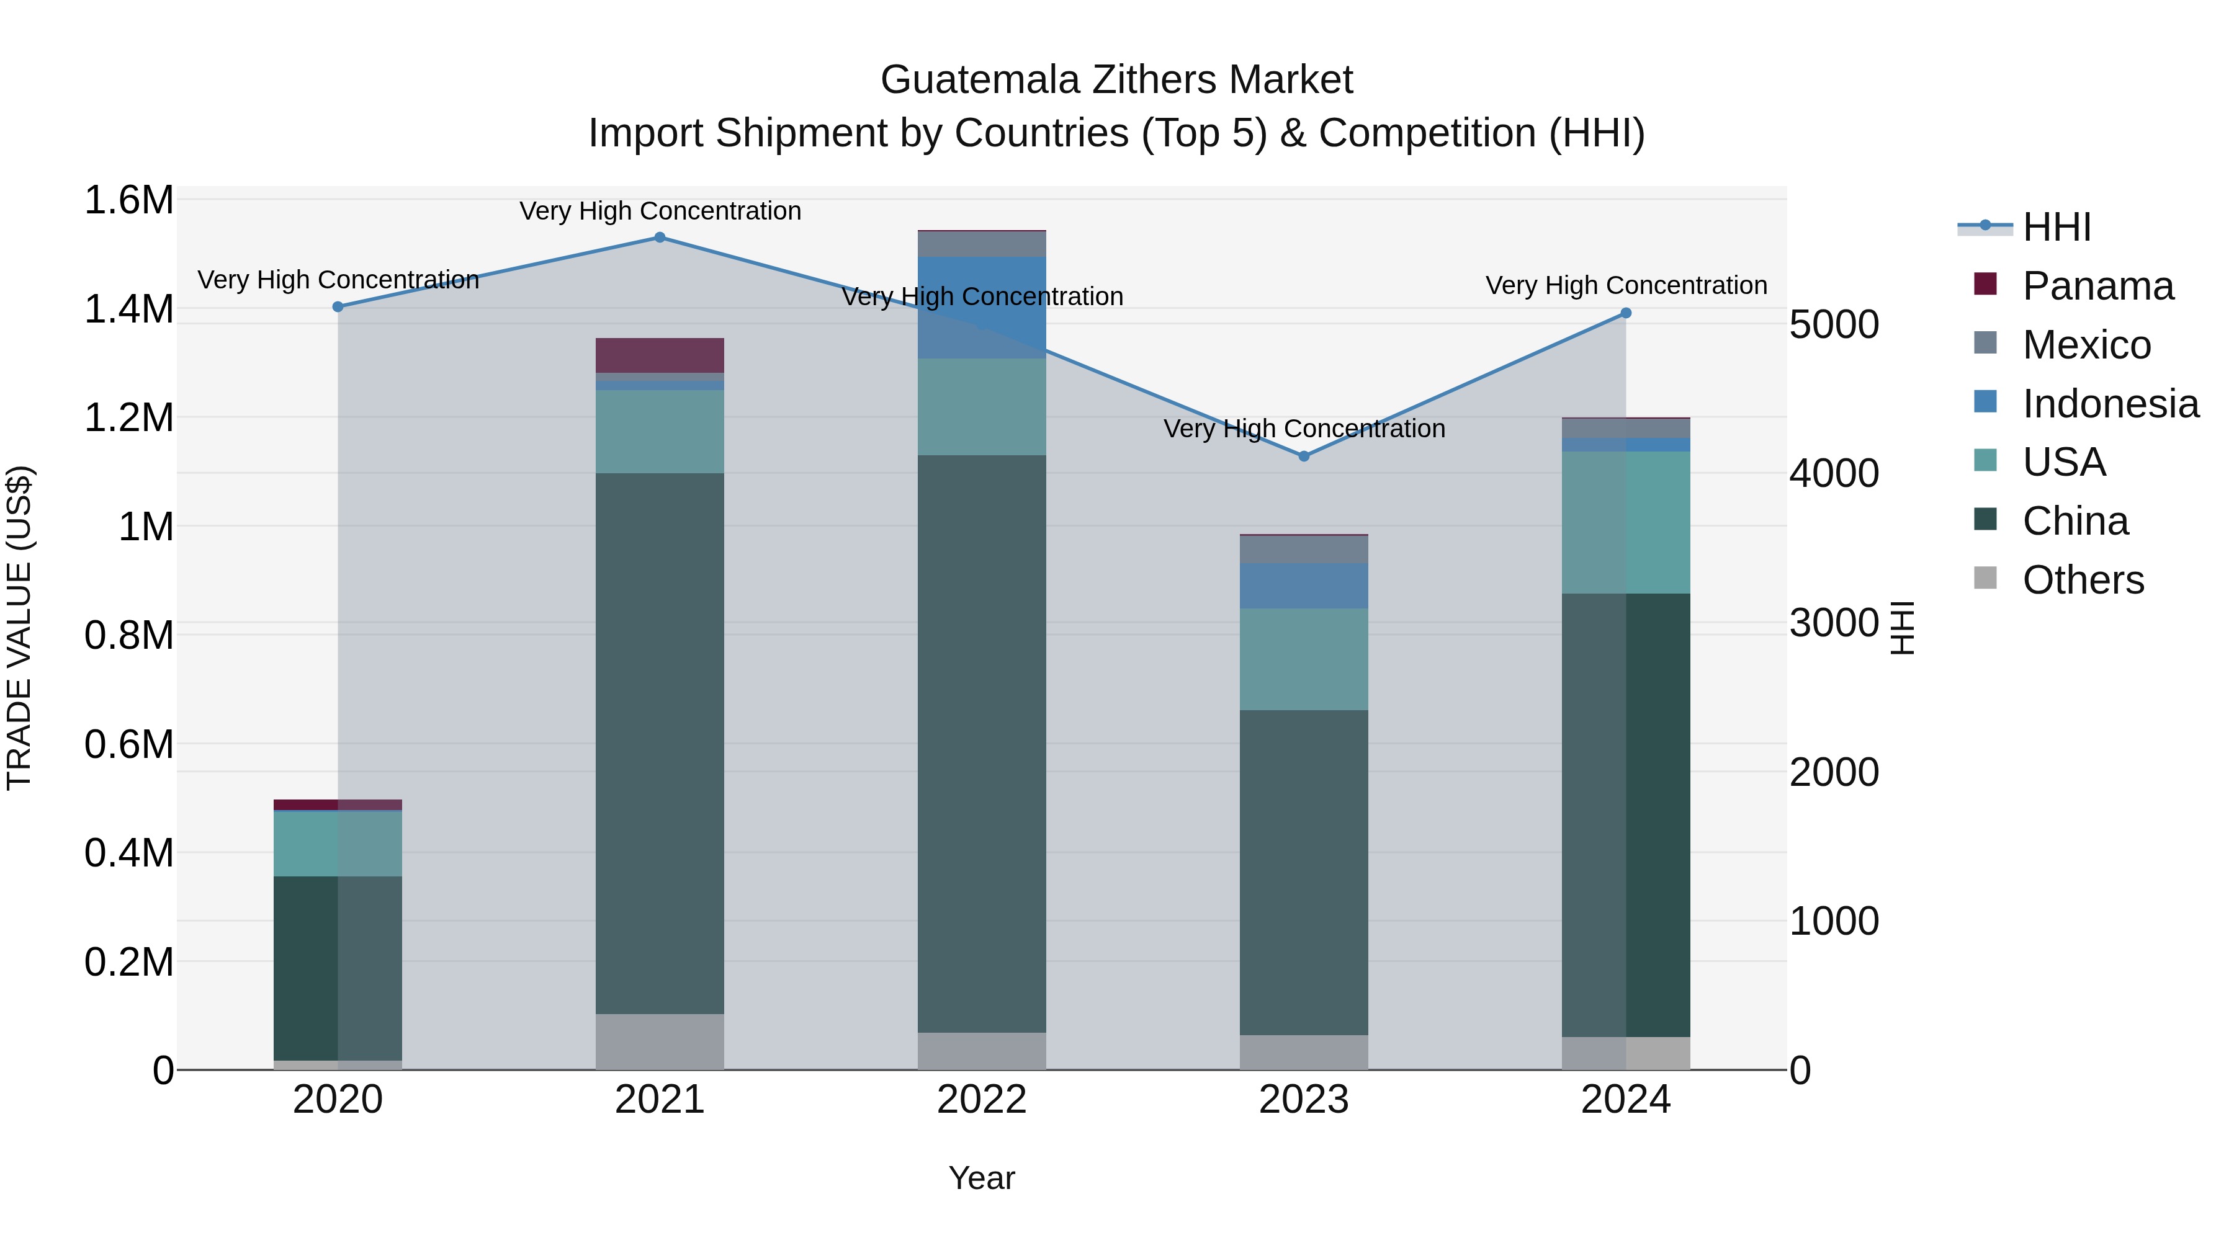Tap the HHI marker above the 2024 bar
pos(1625,313)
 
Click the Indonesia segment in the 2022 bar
pos(982,307)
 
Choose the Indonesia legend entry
pos(2110,404)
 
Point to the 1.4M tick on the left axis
pos(128,310)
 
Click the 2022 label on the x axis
pos(982,1100)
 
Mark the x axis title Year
pos(982,1178)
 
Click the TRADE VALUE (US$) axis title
pos(19,628)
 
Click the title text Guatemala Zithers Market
pos(1116,80)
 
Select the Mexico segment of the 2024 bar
pos(1625,428)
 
